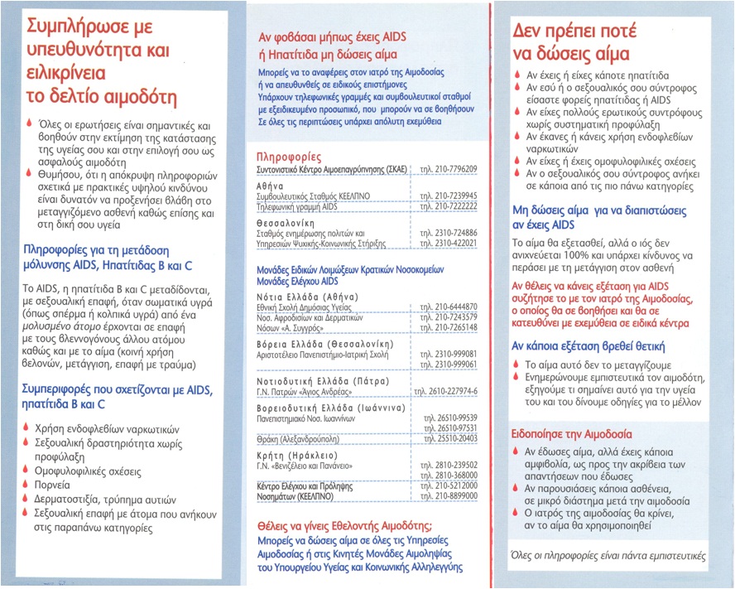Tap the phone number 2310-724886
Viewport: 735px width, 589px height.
[449, 234]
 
